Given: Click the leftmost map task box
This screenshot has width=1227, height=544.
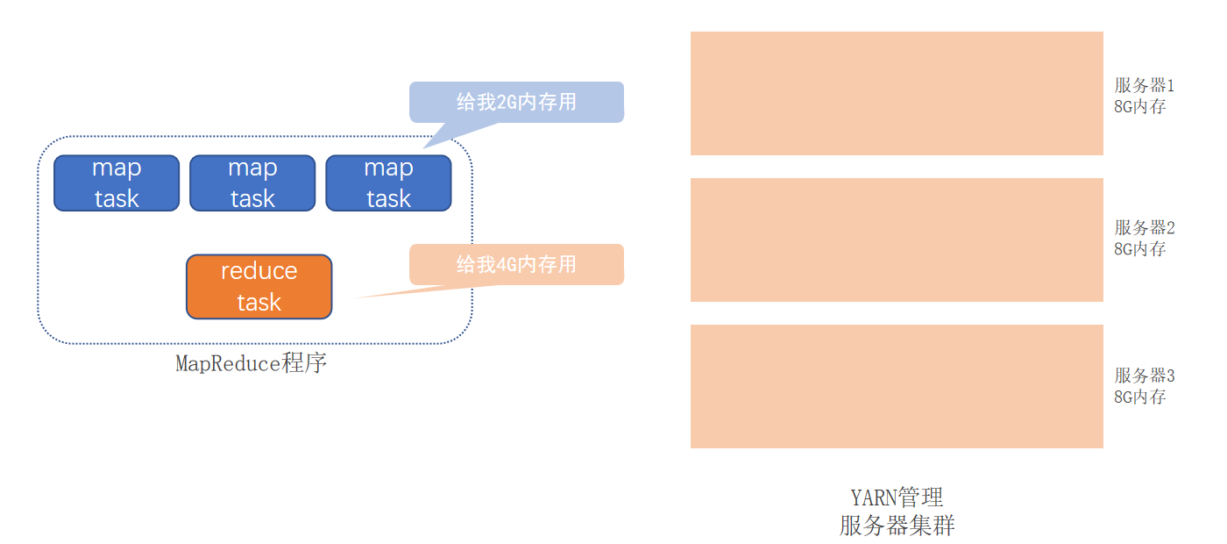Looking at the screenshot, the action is tap(117, 183).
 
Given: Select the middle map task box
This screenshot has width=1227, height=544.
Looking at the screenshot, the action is tap(252, 183).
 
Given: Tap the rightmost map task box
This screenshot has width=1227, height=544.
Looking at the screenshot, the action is tap(388, 183).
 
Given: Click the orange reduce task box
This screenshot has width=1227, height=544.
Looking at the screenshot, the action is tap(259, 287).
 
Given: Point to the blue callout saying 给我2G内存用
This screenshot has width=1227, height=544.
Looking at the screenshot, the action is tap(516, 102).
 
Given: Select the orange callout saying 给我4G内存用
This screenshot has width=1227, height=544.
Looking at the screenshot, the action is tap(516, 264).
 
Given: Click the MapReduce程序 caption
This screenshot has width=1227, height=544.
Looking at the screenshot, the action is tap(252, 363).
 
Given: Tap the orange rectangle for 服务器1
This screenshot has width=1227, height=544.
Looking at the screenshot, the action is tap(897, 93).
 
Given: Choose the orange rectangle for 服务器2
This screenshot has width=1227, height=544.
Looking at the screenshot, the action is tap(897, 240).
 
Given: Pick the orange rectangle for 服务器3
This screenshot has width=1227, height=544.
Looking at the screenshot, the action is tap(897, 386).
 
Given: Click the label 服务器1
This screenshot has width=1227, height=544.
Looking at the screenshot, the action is tap(1144, 85).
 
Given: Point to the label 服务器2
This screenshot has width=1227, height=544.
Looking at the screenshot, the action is tap(1144, 227).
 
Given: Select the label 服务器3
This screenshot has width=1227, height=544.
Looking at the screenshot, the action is tap(1144, 376).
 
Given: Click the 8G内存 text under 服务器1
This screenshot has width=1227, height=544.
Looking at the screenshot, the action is tap(1139, 106).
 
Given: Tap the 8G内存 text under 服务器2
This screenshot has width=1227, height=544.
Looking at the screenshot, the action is tap(1139, 248).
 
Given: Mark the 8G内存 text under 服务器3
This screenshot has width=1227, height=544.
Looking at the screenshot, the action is tap(1139, 397).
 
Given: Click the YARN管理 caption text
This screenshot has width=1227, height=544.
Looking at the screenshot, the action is tap(897, 497).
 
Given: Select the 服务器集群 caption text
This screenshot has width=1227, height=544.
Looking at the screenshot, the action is tap(897, 526).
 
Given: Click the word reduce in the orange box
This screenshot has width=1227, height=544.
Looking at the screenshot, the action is tap(259, 271).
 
